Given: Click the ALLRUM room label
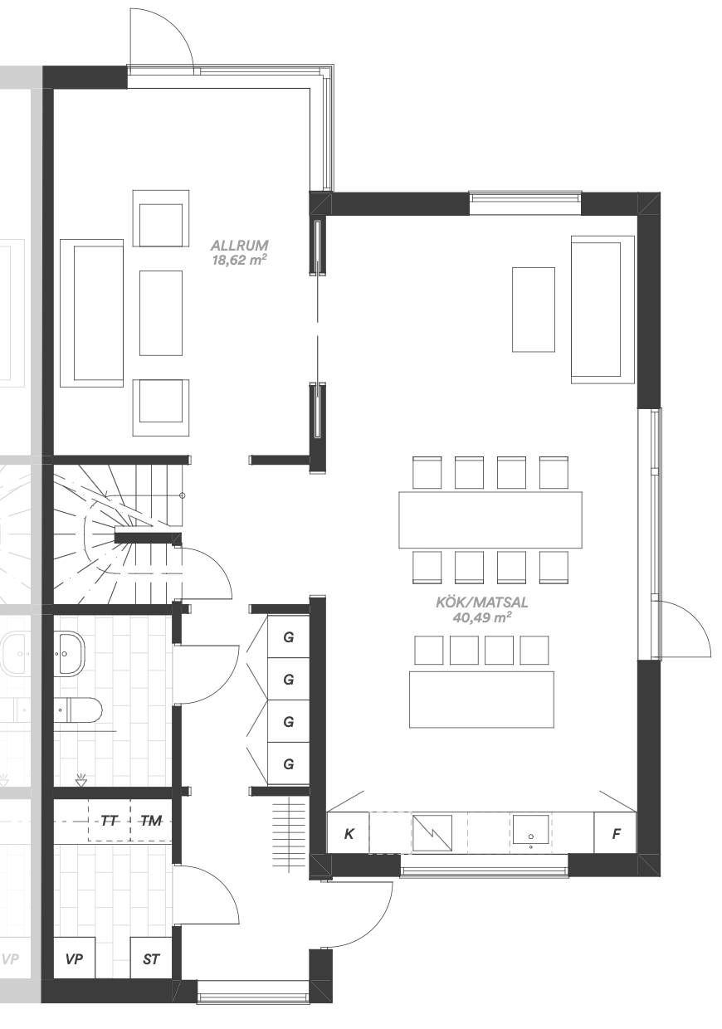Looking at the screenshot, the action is click(x=239, y=245).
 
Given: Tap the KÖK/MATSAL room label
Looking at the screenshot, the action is click(x=482, y=602).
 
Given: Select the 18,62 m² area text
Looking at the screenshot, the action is click(x=239, y=261).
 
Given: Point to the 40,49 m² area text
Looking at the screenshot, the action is click(x=482, y=617).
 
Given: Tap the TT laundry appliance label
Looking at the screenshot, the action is click(x=110, y=821).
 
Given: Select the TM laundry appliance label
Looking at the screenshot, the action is click(x=151, y=821).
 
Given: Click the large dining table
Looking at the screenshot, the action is click(x=490, y=519).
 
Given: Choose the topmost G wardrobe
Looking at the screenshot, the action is click(x=288, y=636).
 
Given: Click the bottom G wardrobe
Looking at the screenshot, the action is click(x=288, y=763).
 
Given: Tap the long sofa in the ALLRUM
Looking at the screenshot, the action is click(x=92, y=313).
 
